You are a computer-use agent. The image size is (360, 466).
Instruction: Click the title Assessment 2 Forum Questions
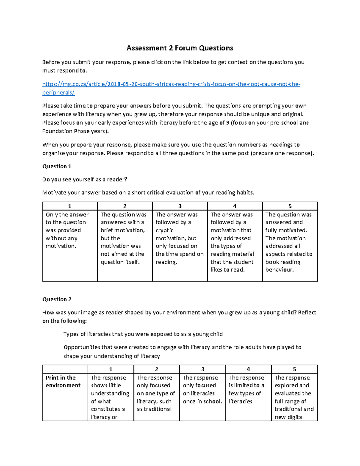[180, 48]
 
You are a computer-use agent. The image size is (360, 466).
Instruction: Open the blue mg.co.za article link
[171, 84]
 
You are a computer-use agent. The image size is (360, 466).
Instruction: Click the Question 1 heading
[57, 166]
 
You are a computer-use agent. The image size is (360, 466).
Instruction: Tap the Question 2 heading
[57, 299]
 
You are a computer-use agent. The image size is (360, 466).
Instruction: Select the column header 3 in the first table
[180, 206]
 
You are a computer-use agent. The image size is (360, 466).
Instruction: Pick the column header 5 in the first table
[290, 206]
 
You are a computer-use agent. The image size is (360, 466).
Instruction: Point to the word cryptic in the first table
[164, 230]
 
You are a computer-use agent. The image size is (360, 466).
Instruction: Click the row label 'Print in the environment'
[63, 381]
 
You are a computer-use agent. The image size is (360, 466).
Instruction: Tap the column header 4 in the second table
[248, 369]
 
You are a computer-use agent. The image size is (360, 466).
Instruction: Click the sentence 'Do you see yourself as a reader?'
[85, 179]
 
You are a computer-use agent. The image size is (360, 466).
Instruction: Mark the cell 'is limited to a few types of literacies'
[246, 389]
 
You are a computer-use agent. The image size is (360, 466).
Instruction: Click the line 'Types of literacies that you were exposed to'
[143, 334]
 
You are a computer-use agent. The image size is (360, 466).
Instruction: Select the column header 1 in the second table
[111, 369]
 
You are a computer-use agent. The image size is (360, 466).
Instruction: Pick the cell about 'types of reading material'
[232, 242]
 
